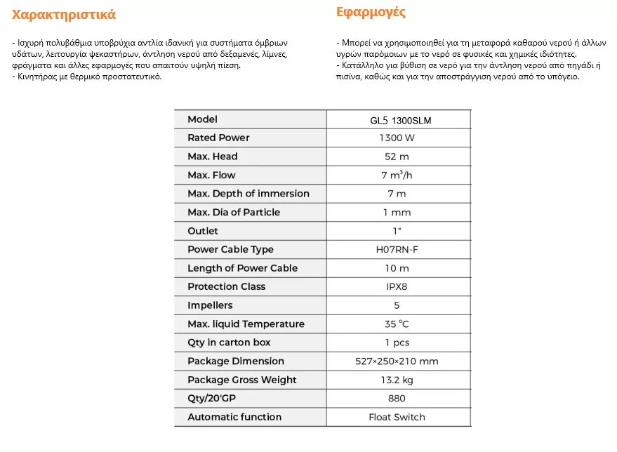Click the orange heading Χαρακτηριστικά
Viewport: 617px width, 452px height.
(x=64, y=15)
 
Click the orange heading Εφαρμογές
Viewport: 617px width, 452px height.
(x=371, y=13)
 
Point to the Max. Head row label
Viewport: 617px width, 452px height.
(x=213, y=157)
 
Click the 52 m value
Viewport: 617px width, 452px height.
(x=397, y=157)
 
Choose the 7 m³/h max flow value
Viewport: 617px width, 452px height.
(x=397, y=175)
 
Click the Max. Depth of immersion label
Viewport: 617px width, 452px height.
(x=248, y=194)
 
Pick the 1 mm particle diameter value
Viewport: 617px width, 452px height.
(x=397, y=212)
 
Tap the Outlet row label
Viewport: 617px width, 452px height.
(x=203, y=231)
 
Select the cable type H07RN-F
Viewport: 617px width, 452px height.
(x=397, y=249)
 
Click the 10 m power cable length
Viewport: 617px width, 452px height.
(x=397, y=268)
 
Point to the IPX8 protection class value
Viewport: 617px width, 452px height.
(x=397, y=286)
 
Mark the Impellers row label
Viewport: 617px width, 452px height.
(x=210, y=305)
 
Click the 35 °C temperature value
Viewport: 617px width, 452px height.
(x=397, y=324)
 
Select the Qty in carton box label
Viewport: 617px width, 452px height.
(x=229, y=343)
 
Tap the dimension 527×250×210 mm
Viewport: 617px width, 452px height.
(x=397, y=361)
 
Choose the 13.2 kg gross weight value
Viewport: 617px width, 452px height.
(x=397, y=380)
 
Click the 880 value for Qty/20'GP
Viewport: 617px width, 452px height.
(x=397, y=399)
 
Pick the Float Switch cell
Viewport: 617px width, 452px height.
(x=397, y=417)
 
